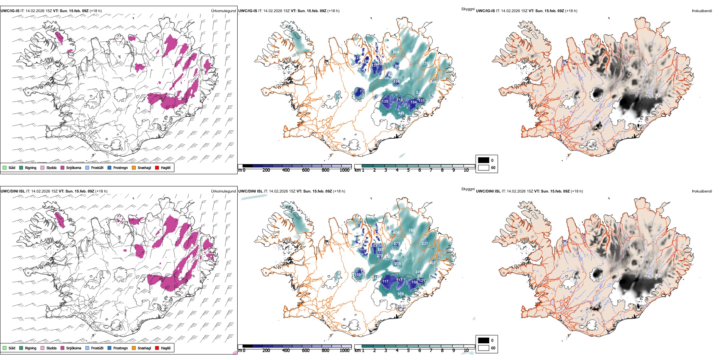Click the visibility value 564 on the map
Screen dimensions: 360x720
click(395, 52)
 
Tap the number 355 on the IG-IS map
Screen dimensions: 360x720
click(426, 64)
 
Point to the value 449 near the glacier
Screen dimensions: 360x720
click(401, 113)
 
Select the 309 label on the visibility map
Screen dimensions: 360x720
click(433, 82)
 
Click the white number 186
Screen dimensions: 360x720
click(396, 81)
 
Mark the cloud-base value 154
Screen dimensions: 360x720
click(414, 102)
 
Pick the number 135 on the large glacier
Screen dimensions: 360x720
click(385, 102)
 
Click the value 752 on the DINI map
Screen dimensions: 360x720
click(412, 230)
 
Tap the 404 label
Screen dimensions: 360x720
click(396, 233)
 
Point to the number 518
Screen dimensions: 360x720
click(401, 294)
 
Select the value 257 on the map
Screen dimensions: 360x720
click(425, 244)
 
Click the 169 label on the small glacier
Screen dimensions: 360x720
click(358, 275)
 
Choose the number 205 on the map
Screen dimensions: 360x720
click(398, 264)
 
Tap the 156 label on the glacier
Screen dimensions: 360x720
click(415, 282)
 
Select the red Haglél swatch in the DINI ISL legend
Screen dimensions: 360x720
click(157, 348)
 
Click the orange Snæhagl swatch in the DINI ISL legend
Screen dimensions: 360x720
click(134, 348)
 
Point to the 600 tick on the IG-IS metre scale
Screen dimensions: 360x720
click(306, 171)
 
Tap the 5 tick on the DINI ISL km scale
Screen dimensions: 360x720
click(409, 351)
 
